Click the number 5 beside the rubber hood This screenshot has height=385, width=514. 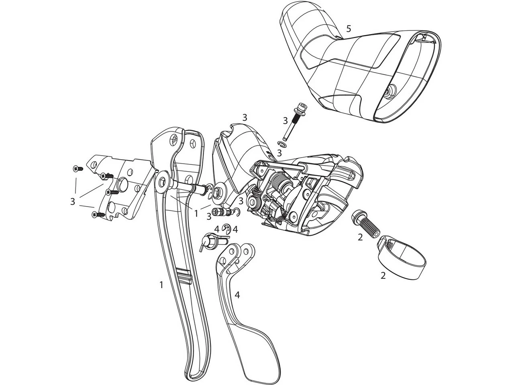[349, 28]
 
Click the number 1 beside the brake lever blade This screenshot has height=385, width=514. [161, 285]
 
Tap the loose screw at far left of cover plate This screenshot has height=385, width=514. [76, 169]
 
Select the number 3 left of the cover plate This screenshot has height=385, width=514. [73, 202]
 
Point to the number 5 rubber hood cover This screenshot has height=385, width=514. [361, 64]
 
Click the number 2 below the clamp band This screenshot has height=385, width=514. [383, 276]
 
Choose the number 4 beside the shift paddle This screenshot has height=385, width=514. [237, 295]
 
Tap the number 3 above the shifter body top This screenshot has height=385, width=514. [245, 118]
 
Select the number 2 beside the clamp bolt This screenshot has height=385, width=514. [360, 237]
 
